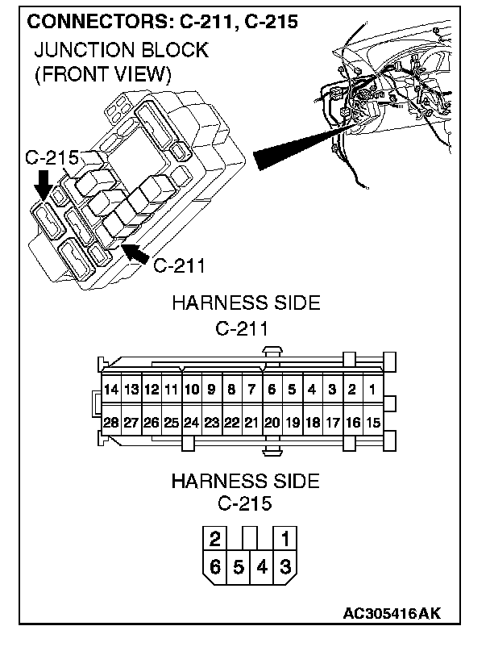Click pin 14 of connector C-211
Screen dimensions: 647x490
click(x=111, y=390)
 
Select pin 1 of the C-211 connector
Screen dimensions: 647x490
click(x=372, y=390)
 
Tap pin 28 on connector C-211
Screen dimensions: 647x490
click(x=111, y=422)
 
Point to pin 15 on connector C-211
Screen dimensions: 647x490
click(x=372, y=422)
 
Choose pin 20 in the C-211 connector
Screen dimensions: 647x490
click(x=272, y=422)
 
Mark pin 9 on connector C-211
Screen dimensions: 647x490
click(x=211, y=390)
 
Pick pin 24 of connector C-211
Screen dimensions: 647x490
click(x=191, y=422)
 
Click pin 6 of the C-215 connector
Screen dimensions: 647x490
click(x=215, y=566)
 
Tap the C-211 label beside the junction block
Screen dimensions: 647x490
click(x=179, y=265)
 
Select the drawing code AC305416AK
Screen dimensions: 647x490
click(x=393, y=614)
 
